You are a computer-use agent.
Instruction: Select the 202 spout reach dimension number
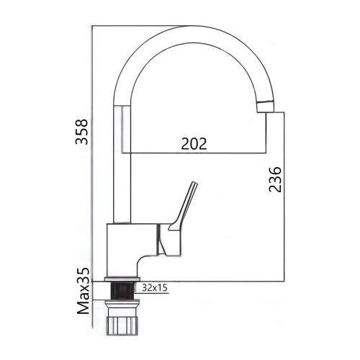[193, 143]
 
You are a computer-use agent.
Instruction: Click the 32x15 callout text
[156, 287]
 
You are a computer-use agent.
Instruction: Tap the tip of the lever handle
[194, 184]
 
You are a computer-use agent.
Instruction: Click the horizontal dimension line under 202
[194, 153]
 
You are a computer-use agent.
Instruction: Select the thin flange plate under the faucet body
[123, 278]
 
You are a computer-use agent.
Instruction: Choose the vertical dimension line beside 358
[94, 144]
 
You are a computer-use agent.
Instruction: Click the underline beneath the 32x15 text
[156, 294]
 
